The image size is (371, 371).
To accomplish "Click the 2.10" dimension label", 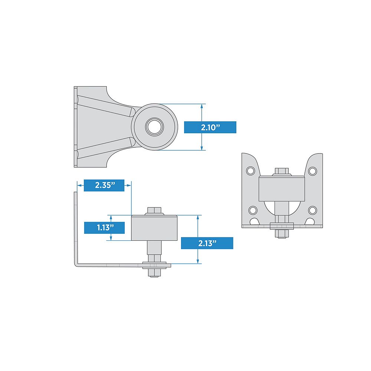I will (210, 127).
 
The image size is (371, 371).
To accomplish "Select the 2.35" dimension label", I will (104, 185).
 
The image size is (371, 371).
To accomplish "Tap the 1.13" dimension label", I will (104, 227).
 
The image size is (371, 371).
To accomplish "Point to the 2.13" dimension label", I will (207, 243).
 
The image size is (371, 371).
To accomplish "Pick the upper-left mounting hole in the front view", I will (251, 171).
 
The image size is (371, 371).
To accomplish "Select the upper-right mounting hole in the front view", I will (313, 171).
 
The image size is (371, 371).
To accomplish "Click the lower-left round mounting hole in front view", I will (253, 210).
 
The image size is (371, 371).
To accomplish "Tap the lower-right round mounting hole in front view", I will (313, 210).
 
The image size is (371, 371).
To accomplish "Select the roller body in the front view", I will (282, 188).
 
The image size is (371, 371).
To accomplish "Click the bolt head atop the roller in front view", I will (282, 171).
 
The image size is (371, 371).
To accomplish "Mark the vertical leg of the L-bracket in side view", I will (76, 226).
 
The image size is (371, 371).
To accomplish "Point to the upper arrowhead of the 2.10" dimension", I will (202, 106).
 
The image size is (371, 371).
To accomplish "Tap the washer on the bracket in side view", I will (157, 265).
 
